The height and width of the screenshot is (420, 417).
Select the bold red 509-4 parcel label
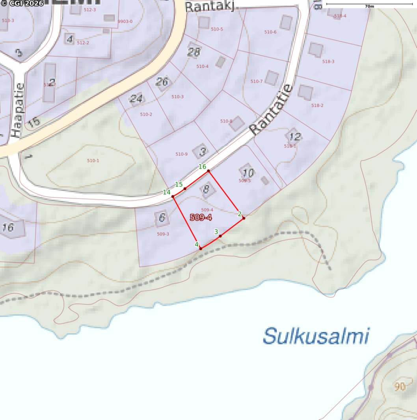pos(201,217)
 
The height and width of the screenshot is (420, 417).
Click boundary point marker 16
pos(208,171)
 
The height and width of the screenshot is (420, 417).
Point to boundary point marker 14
pos(173,196)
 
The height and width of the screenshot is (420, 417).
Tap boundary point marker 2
pos(244,218)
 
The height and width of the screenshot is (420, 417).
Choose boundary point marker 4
pos(201,248)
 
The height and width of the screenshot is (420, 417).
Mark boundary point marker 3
pos(220,236)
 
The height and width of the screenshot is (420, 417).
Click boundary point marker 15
pos(185,189)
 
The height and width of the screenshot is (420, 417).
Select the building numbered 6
pos(162,218)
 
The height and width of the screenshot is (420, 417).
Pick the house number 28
pos(194,52)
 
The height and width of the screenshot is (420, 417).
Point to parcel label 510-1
pos(93,161)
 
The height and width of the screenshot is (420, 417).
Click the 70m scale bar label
pos(369,7)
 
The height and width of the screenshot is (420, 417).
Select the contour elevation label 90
pos(400,386)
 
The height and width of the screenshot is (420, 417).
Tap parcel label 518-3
pos(328,62)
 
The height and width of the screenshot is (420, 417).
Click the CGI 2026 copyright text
pos(22,4)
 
